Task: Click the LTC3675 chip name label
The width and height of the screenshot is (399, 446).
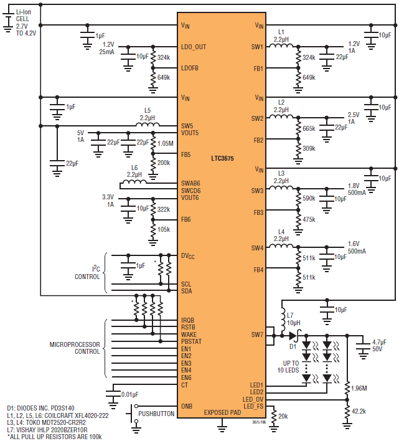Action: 222,158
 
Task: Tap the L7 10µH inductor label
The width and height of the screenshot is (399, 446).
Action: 294,319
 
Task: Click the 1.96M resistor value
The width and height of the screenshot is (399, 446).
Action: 359,388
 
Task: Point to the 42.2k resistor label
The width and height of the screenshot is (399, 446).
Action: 359,411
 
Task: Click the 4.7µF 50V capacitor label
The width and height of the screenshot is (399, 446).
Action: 379,345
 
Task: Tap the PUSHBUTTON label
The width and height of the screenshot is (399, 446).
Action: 156,414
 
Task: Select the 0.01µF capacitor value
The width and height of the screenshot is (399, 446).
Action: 130,394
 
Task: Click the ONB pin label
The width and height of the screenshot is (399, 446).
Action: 187,406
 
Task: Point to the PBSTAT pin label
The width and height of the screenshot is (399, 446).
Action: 191,341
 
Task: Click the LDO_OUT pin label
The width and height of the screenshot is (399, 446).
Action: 194,47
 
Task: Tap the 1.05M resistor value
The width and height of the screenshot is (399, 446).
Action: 166,143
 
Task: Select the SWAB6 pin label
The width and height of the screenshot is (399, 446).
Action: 190,183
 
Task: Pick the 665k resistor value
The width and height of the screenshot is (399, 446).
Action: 309,128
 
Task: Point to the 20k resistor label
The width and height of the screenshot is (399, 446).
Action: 283,417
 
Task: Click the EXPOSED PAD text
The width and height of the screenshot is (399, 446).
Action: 222,412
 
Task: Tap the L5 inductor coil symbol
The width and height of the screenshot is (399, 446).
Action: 148,124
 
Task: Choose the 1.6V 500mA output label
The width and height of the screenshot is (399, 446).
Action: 357,247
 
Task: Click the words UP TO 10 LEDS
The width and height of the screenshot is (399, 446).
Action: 288,367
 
